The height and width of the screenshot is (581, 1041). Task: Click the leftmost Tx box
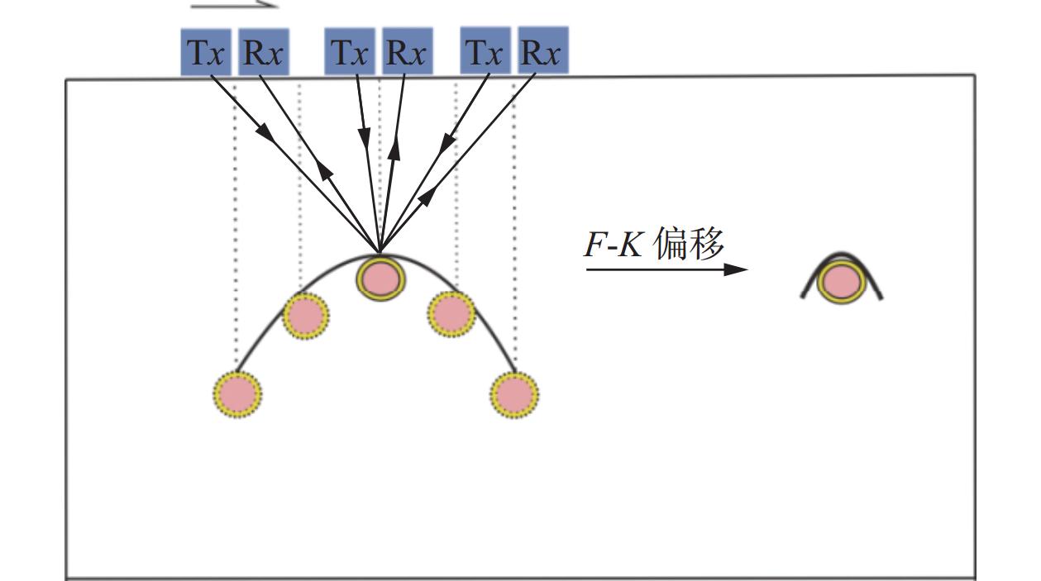tap(207, 52)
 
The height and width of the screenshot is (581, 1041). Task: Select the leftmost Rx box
tap(264, 52)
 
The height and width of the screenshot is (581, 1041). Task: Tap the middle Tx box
tap(350, 52)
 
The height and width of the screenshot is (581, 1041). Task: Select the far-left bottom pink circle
tap(237, 394)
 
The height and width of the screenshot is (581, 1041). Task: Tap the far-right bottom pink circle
tap(513, 394)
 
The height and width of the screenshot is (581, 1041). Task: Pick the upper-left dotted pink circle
tap(306, 316)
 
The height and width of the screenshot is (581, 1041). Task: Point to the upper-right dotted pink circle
tap(451, 313)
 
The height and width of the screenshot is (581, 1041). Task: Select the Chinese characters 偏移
tap(690, 245)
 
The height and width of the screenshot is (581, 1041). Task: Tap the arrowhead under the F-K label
tap(738, 269)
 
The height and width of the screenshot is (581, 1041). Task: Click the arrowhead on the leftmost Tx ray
tap(264, 131)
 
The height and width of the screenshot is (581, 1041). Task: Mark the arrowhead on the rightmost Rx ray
tap(428, 196)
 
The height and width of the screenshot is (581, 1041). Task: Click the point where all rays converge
tap(380, 252)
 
